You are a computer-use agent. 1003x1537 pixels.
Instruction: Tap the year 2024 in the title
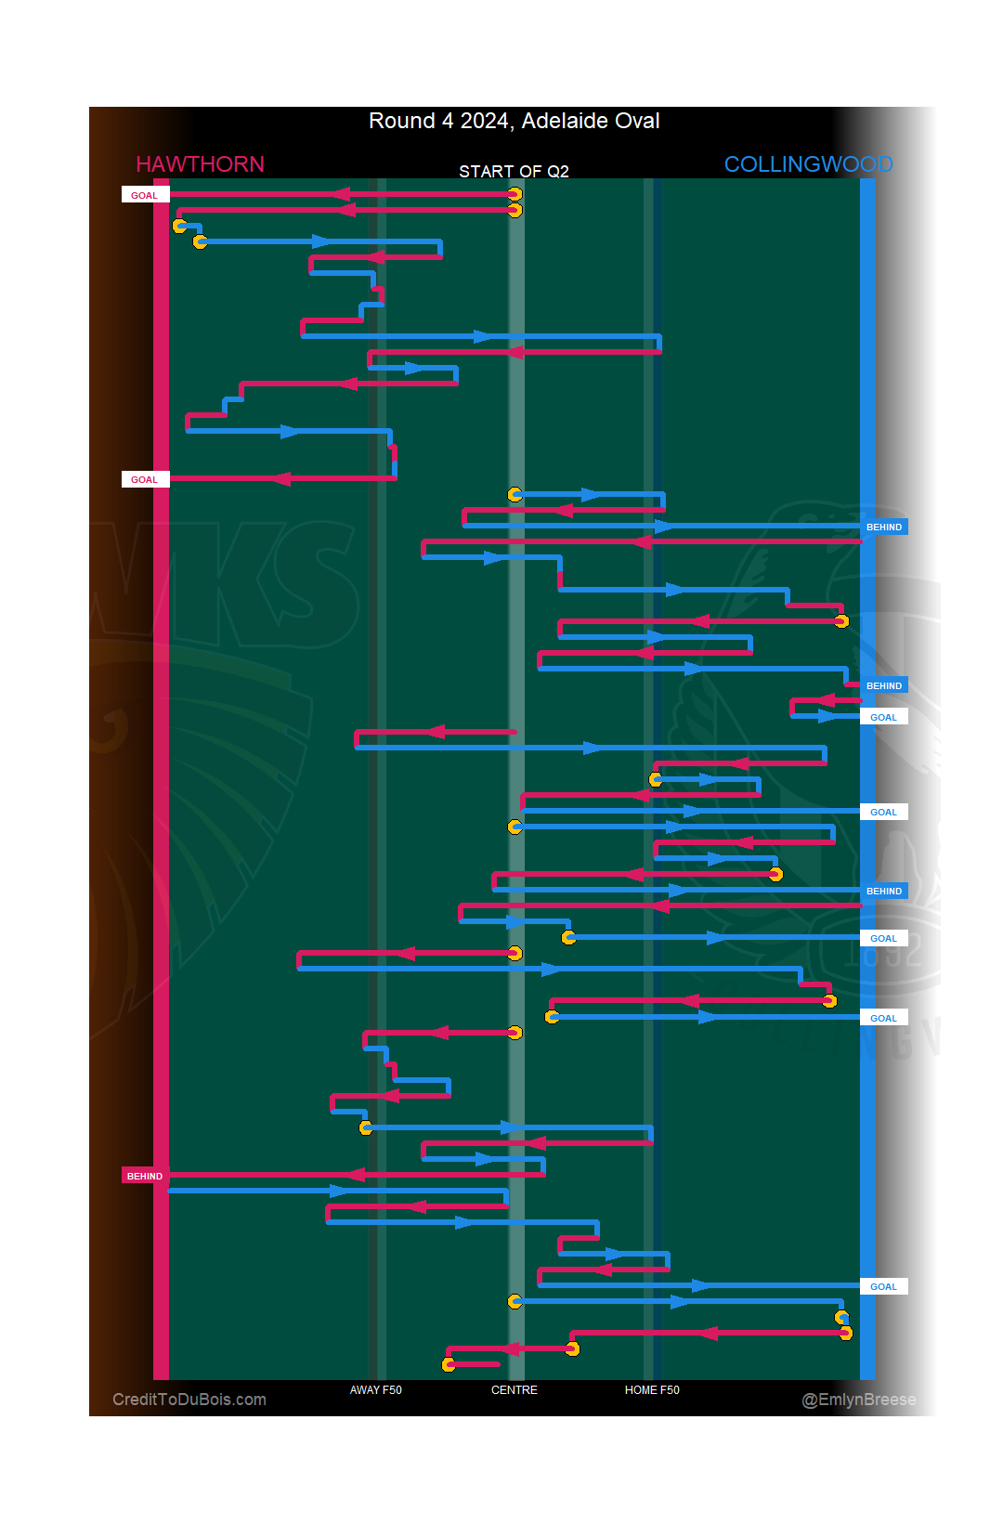click(x=485, y=121)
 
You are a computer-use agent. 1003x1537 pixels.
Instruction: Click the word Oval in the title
click(x=637, y=121)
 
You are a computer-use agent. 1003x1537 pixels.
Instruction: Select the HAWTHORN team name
click(x=200, y=164)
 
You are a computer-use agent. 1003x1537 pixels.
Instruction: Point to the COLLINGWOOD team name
click(x=808, y=164)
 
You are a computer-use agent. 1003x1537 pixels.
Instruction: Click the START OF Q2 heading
click(x=514, y=172)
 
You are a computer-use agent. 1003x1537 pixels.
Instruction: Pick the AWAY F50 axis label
click(x=375, y=1390)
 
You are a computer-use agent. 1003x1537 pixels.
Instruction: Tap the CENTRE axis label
click(x=514, y=1390)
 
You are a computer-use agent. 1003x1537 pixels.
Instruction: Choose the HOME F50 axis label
click(x=652, y=1390)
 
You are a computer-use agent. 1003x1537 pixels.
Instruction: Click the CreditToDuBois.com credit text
click(x=189, y=1400)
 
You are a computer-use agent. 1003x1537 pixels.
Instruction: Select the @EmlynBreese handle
click(x=858, y=1400)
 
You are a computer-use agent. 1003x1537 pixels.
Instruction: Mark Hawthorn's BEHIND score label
click(x=144, y=1176)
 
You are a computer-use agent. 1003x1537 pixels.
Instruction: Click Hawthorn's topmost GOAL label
click(x=144, y=195)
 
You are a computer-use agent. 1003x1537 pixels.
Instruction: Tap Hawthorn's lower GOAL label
click(x=144, y=479)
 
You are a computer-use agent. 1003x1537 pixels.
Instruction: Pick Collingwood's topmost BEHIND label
click(x=883, y=527)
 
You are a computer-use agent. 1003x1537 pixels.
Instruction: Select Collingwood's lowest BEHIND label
click(x=883, y=891)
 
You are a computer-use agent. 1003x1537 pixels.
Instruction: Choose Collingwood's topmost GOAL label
click(x=883, y=717)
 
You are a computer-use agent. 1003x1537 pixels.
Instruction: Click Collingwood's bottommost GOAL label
click(x=883, y=1286)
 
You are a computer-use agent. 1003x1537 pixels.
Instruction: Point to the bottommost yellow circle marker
click(x=449, y=1364)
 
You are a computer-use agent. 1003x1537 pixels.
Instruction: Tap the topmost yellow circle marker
click(x=515, y=194)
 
